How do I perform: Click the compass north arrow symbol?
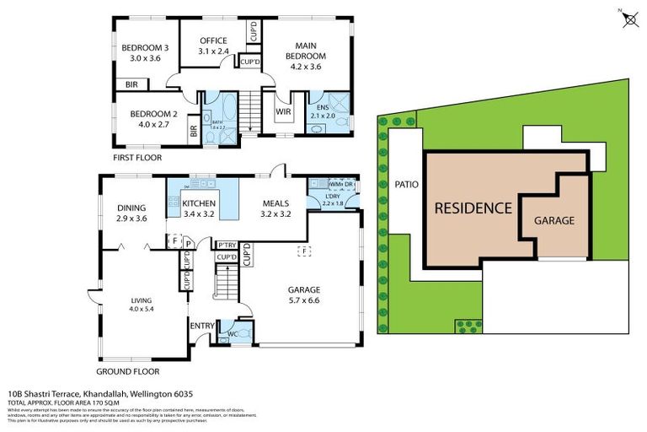pos(628,19)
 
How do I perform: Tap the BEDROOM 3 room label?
pos(145,53)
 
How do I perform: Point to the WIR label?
pos(283,110)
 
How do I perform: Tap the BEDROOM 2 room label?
pos(152,119)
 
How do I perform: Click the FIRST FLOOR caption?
pos(137,158)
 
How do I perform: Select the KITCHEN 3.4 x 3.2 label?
pos(200,208)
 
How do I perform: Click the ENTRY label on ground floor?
pos(202,326)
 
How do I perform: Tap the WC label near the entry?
pos(233,334)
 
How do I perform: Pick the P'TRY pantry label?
pos(226,246)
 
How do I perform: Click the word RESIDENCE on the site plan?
pos(473,208)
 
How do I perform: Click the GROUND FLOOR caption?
pos(128,370)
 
